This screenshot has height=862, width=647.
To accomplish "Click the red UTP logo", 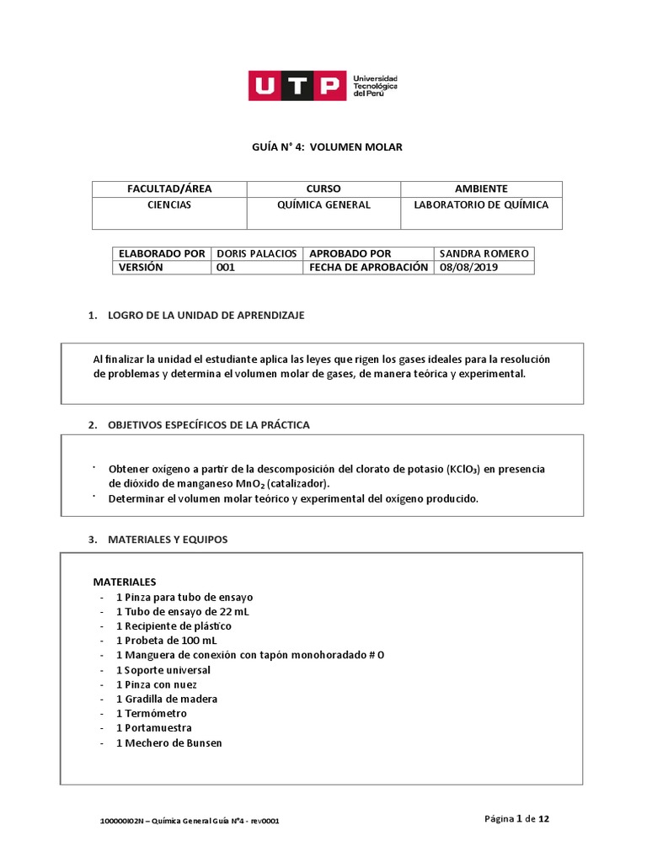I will [297, 85].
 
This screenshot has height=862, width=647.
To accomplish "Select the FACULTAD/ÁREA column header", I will [168, 189].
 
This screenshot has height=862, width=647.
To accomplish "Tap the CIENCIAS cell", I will [168, 205].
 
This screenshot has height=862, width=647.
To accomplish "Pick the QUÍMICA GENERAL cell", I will [323, 205].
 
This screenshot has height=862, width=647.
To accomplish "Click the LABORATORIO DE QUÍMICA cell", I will [481, 205].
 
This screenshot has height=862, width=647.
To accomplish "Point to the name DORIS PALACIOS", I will [256, 253].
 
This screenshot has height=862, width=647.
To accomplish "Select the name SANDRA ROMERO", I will [484, 253].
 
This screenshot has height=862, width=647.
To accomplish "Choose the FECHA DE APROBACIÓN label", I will [369, 267].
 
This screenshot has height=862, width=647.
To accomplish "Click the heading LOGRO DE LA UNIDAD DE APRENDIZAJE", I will [206, 315].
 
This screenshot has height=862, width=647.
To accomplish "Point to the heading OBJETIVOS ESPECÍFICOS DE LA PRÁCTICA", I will [208, 425].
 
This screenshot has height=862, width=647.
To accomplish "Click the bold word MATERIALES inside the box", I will [124, 582].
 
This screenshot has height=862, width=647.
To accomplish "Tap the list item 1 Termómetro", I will [152, 713].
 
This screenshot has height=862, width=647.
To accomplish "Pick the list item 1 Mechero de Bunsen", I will [168, 742].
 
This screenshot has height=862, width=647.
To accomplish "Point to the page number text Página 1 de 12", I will [517, 818].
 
